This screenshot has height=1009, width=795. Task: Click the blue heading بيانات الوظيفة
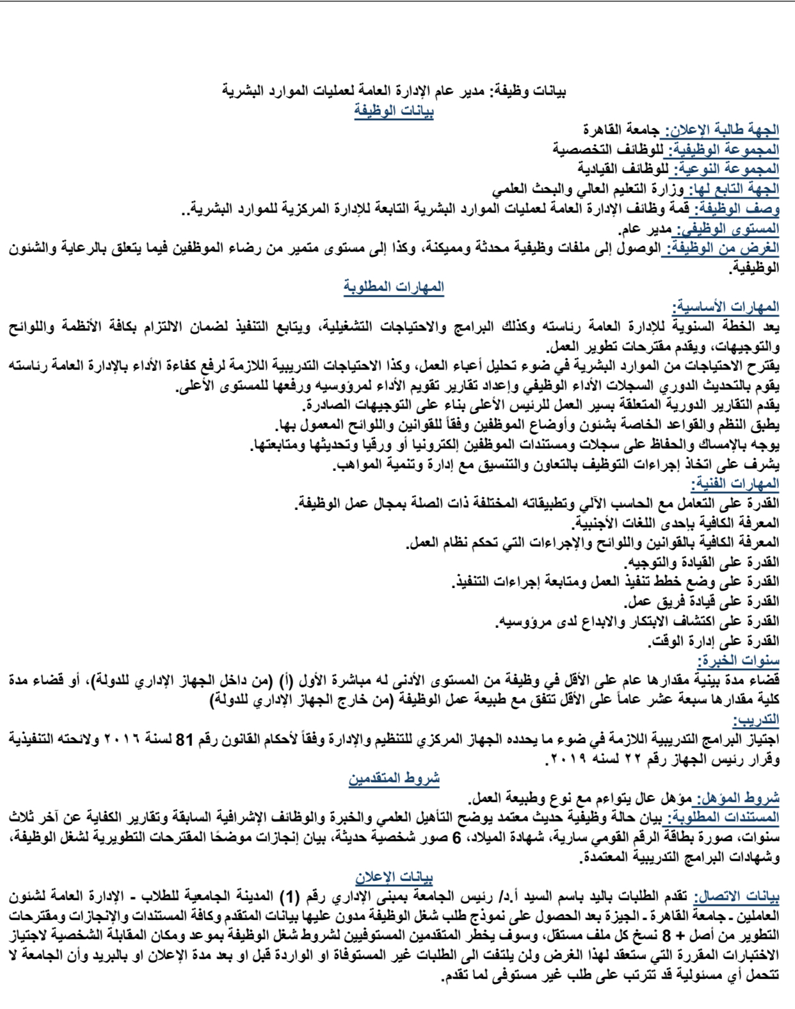[394, 111]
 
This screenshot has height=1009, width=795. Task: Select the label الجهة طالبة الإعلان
[722, 130]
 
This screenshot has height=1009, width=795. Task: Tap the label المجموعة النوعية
[724, 169]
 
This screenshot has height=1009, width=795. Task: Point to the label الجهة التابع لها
[732, 189]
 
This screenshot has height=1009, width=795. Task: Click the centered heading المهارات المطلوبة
[394, 287]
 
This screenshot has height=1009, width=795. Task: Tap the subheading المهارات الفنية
[735, 484]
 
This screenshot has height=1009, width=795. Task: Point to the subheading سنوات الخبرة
[737, 660]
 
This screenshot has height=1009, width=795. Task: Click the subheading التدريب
[756, 719]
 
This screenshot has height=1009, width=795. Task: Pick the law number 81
[184, 739]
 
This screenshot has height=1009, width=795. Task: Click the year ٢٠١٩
[568, 759]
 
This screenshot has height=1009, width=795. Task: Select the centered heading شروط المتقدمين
[394, 778]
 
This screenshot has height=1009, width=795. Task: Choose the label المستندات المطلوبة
[723, 818]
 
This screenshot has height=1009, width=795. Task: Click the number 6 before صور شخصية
[456, 838]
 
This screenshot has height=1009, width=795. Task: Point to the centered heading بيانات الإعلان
[394, 877]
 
